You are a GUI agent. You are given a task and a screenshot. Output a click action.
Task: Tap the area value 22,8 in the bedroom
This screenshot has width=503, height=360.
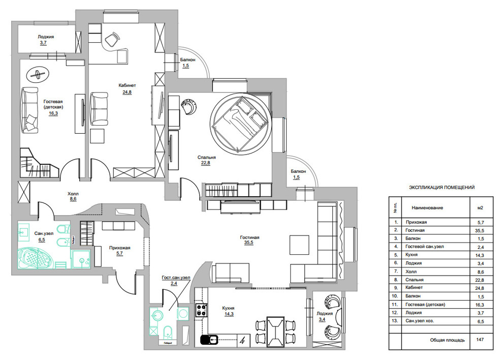205,163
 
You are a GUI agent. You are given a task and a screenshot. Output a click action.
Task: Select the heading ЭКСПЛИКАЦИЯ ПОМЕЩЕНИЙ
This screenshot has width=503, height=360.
442,188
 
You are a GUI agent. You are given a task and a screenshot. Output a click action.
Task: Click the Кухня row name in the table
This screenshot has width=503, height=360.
415,254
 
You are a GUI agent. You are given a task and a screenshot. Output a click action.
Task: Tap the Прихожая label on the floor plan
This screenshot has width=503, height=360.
120,248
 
